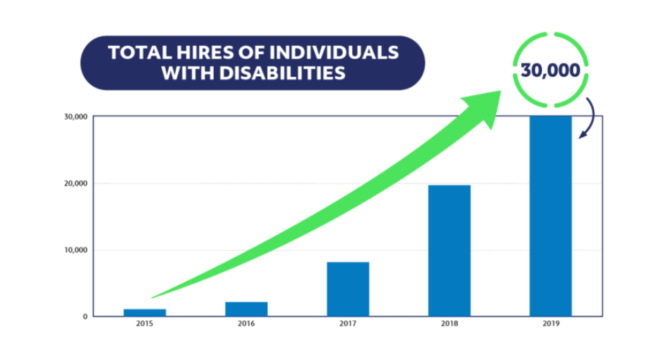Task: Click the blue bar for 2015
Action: (x=145, y=312)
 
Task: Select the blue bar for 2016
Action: (x=246, y=309)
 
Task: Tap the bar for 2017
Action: (x=348, y=289)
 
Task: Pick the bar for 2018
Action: (x=449, y=251)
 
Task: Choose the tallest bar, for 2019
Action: (x=551, y=216)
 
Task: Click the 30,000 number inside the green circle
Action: (x=552, y=71)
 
